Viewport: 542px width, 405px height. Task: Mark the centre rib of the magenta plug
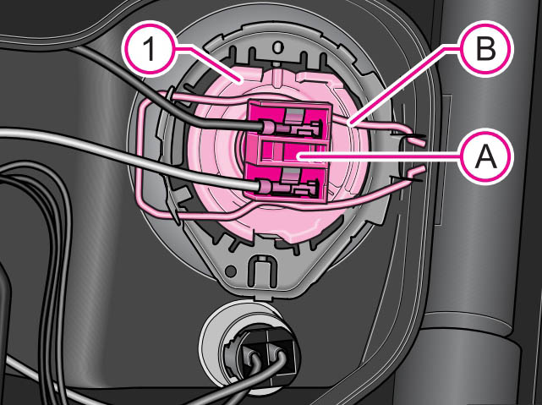292,155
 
